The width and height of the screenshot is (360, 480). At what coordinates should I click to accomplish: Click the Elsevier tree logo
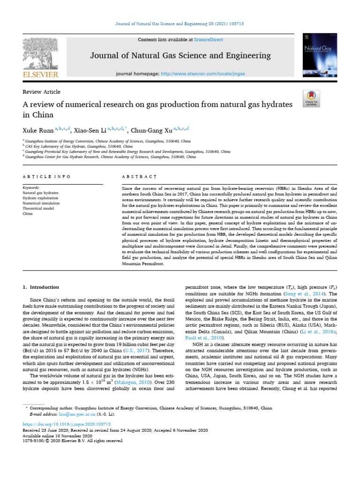pyautogui.click(x=40, y=53)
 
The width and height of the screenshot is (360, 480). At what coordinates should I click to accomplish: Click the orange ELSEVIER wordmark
pyautogui.click(x=40, y=75)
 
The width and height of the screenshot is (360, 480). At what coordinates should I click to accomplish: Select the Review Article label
pyautogui.click(x=41, y=92)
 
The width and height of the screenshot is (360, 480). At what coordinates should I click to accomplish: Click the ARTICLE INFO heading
pyautogui.click(x=46, y=177)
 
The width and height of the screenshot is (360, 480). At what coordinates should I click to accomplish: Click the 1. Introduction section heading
pyautogui.click(x=41, y=287)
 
